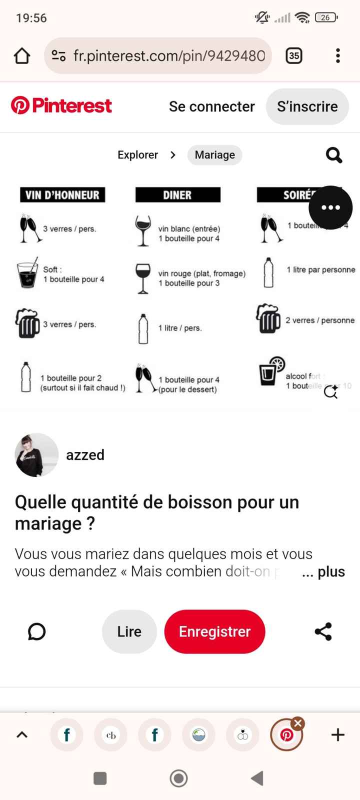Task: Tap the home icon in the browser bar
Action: pyautogui.click(x=22, y=55)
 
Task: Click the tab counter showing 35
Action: pyautogui.click(x=294, y=55)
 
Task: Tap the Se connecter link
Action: pyautogui.click(x=211, y=106)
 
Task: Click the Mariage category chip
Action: pyautogui.click(x=214, y=155)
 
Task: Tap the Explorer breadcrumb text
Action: pyautogui.click(x=137, y=155)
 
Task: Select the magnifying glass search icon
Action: pyautogui.click(x=334, y=155)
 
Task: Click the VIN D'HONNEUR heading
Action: pyautogui.click(x=62, y=195)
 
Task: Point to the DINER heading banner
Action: pyautogui.click(x=177, y=195)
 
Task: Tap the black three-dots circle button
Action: pyautogui.click(x=330, y=207)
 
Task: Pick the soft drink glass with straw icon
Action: pyautogui.click(x=27, y=274)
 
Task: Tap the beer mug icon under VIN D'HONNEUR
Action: pyautogui.click(x=27, y=323)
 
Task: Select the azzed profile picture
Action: pyautogui.click(x=36, y=455)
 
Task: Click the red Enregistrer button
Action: pyautogui.click(x=214, y=631)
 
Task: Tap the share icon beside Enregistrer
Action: pyautogui.click(x=323, y=631)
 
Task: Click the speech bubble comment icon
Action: pyautogui.click(x=36, y=631)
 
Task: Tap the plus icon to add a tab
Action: pyautogui.click(x=338, y=734)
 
